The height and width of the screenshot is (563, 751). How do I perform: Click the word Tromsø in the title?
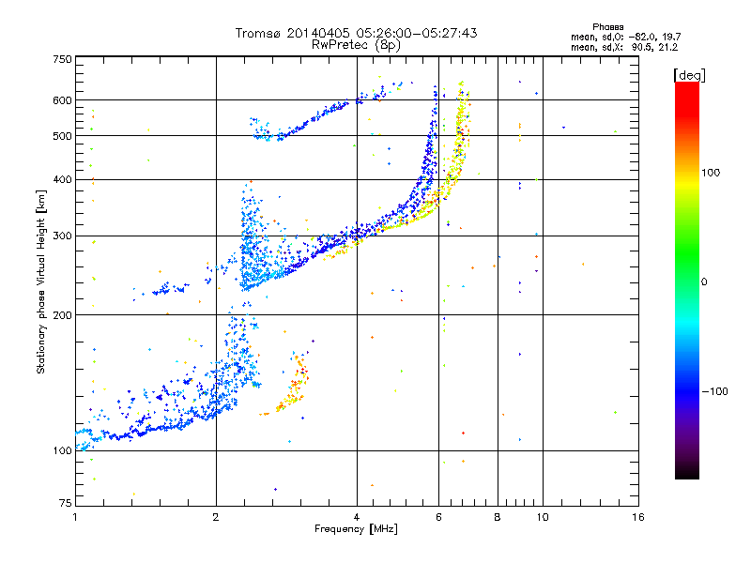pos(258,33)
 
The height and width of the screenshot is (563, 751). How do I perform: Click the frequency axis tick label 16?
pos(636,517)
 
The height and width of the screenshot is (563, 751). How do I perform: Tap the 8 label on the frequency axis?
pos(498,517)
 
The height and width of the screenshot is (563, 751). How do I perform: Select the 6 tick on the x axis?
pos(438,517)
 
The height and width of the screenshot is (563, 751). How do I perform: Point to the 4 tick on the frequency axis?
pos(357,517)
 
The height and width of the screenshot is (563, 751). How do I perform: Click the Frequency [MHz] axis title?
pos(356,530)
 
